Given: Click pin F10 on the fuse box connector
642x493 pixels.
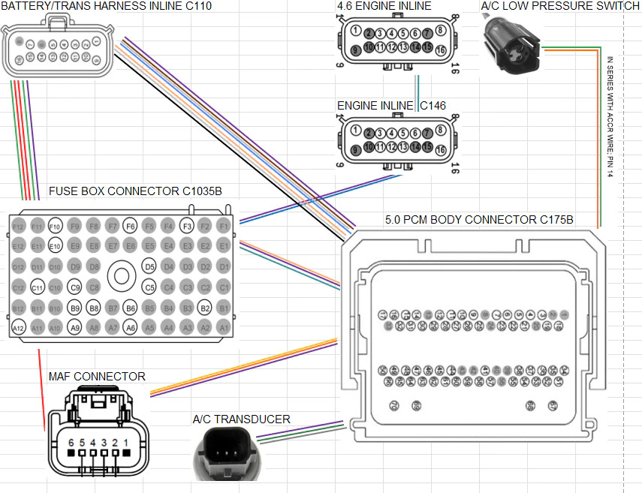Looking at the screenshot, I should pyautogui.click(x=55, y=226).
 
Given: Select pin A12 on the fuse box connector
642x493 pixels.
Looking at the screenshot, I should pyautogui.click(x=18, y=327).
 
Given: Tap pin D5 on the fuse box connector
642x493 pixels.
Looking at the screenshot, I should pyautogui.click(x=149, y=266).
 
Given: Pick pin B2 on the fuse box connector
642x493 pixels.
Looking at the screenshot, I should pyautogui.click(x=205, y=307).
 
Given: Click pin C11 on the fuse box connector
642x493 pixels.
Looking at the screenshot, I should pyautogui.click(x=37, y=287).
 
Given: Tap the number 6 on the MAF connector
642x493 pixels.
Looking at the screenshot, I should pyautogui.click(x=71, y=443).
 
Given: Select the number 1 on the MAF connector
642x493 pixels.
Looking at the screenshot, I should pyautogui.click(x=125, y=443).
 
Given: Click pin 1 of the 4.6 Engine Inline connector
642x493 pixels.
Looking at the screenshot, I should pyautogui.click(x=356, y=32).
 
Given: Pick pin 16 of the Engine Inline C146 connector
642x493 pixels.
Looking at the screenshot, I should pyautogui.click(x=440, y=150).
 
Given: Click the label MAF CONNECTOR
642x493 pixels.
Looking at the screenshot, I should pyautogui.click(x=97, y=377).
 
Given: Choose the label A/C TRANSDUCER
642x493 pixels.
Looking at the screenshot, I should pyautogui.click(x=241, y=419).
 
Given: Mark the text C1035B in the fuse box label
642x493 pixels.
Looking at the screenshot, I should pyautogui.click(x=202, y=191).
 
